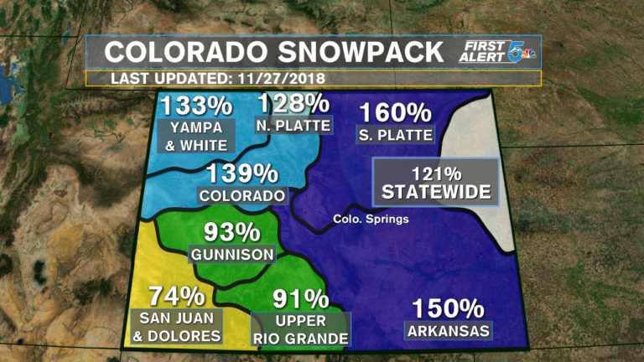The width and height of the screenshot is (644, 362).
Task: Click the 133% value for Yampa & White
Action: click(x=196, y=106)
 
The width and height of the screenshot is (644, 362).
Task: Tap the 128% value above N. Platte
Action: click(x=293, y=103)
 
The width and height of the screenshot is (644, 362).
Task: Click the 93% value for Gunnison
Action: click(x=231, y=231)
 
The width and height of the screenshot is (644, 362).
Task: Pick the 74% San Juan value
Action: click(x=176, y=296)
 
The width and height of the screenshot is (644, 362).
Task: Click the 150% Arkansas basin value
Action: click(x=448, y=308)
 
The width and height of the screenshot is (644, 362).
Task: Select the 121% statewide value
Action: click(x=436, y=173)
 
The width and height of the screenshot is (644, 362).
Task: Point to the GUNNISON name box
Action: click(x=232, y=254)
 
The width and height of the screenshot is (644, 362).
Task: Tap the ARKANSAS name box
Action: click(x=448, y=331)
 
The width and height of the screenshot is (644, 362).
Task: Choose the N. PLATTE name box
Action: click(x=293, y=125)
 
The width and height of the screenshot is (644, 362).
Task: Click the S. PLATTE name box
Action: click(x=394, y=134)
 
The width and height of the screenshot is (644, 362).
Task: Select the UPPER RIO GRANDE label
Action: click(x=300, y=330)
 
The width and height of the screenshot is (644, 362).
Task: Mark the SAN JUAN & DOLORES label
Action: click(x=177, y=327)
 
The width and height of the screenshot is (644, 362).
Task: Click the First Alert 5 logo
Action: click(x=498, y=53)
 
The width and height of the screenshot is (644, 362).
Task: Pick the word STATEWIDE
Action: click(x=436, y=192)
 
